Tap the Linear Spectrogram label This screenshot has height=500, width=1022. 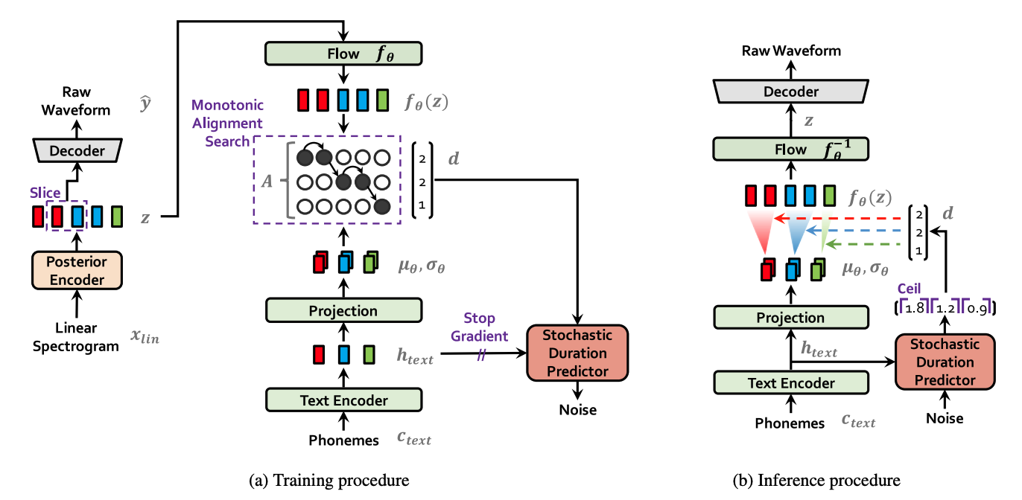coord(76,337)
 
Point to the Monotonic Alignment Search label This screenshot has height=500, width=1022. coord(227,123)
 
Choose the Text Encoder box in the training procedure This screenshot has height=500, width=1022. coord(343,400)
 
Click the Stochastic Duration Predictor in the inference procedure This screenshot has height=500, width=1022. coord(945,362)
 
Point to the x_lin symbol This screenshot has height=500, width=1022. coord(146,336)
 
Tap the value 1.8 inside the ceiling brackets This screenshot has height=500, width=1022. coord(913,307)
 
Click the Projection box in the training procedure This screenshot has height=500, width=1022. coord(343,311)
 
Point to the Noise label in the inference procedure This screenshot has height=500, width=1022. coord(945,418)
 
